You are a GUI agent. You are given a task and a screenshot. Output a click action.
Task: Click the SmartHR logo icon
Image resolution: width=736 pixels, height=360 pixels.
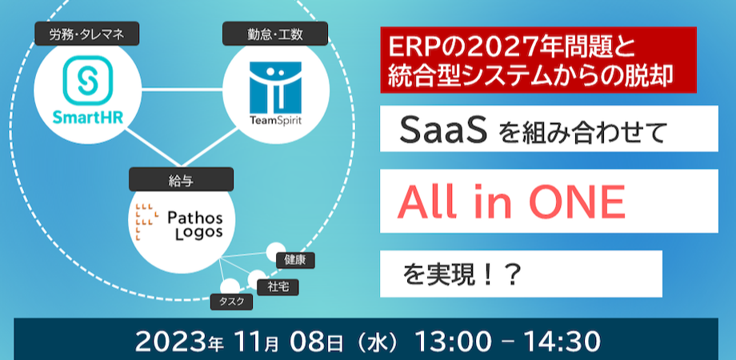pyautogui.click(x=87, y=79)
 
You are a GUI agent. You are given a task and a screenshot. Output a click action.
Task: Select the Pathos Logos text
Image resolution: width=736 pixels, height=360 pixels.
pyautogui.click(x=196, y=225)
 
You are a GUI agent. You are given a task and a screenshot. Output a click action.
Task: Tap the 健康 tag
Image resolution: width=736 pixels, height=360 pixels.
pyautogui.click(x=294, y=260)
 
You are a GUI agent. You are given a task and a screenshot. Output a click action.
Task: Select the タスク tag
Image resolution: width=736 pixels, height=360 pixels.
pyautogui.click(x=230, y=302)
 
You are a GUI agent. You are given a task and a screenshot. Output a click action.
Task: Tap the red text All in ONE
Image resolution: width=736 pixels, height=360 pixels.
pyautogui.click(x=512, y=203)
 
